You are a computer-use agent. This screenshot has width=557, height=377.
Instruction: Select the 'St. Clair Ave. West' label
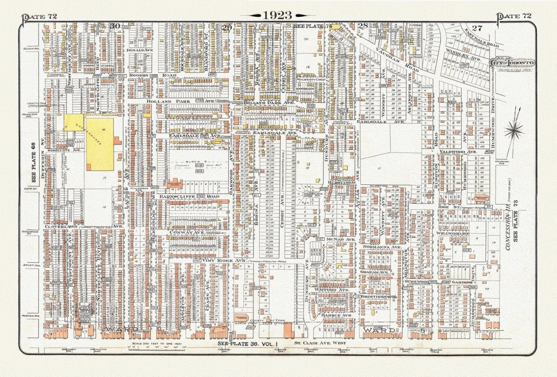(320, 343)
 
